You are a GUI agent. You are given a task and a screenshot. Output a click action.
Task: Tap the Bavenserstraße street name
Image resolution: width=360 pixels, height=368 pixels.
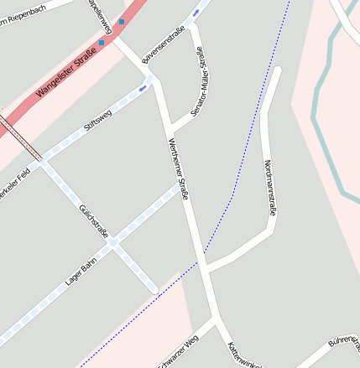coord(164,44)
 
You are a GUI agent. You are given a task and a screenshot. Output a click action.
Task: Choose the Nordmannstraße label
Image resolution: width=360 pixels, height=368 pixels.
coord(268,189)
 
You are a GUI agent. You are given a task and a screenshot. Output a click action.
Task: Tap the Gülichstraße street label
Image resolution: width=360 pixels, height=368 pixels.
coord(93,221)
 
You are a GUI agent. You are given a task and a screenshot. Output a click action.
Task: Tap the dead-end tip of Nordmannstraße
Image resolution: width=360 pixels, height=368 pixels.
coord(277,70)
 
